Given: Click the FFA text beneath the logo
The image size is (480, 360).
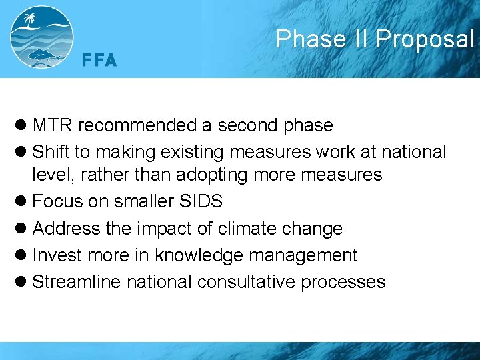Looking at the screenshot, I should pyautogui.click(x=99, y=61).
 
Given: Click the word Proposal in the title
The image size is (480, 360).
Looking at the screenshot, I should pyautogui.click(x=424, y=39).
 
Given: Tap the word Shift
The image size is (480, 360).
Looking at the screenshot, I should pyautogui.click(x=51, y=152).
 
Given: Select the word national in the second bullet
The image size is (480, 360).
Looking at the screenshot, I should pyautogui.click(x=413, y=152).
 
